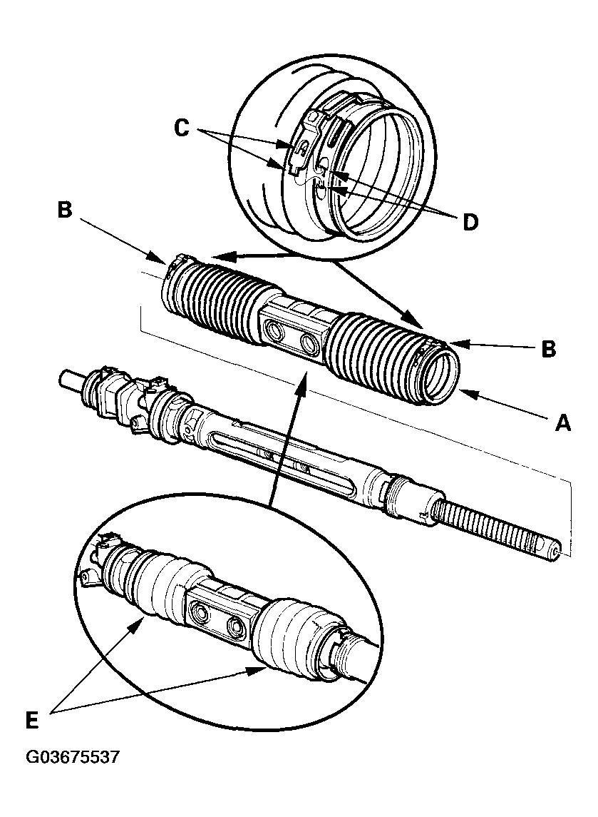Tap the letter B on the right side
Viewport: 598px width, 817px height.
(547, 350)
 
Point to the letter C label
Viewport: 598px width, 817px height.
(182, 128)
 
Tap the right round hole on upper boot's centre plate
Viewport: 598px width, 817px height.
(310, 343)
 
